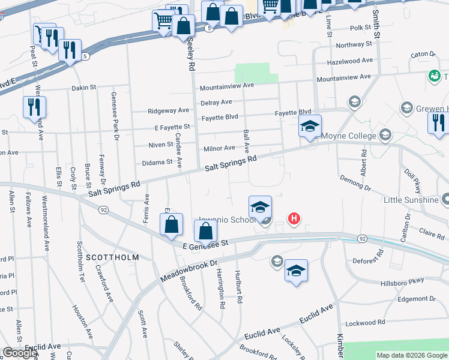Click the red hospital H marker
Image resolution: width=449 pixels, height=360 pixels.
point(294,219)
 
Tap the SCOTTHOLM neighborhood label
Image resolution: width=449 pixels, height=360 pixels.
point(112,257)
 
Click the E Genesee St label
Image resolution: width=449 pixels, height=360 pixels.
point(206,244)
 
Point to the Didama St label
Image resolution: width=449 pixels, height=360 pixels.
point(157,163)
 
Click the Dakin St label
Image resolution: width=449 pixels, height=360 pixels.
point(84,88)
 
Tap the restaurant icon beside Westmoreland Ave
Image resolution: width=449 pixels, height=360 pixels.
point(34,107)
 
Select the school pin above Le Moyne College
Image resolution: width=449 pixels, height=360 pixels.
point(310,127)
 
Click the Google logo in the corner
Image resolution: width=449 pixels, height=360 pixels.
point(20,353)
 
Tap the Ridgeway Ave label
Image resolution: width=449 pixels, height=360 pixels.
point(169,111)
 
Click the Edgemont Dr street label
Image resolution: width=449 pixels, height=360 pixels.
point(416,299)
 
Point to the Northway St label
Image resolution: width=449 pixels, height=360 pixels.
point(351,45)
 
